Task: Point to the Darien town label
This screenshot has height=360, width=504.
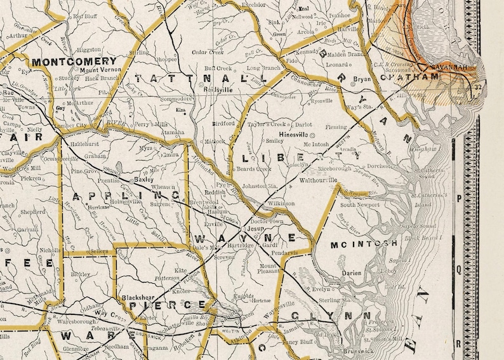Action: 351,273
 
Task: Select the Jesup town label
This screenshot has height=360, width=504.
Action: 255,227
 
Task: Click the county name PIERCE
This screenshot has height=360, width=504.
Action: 168,305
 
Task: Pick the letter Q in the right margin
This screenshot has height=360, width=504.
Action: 458,269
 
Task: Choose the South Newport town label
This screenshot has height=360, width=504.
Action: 361,205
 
